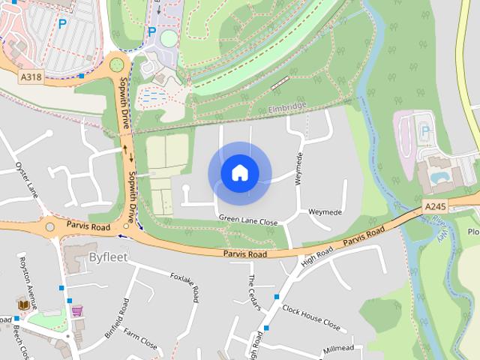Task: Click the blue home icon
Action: (x=239, y=173)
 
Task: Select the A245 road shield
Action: (x=435, y=206)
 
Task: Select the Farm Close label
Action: (x=140, y=338)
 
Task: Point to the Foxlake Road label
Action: (x=184, y=287)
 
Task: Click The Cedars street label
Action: (x=253, y=289)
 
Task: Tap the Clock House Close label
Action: (x=311, y=318)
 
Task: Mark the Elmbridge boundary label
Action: (x=287, y=109)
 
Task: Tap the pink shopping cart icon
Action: (x=76, y=310)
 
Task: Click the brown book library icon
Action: (x=23, y=304)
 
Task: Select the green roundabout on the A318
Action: (x=116, y=64)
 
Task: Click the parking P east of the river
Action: (x=425, y=130)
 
